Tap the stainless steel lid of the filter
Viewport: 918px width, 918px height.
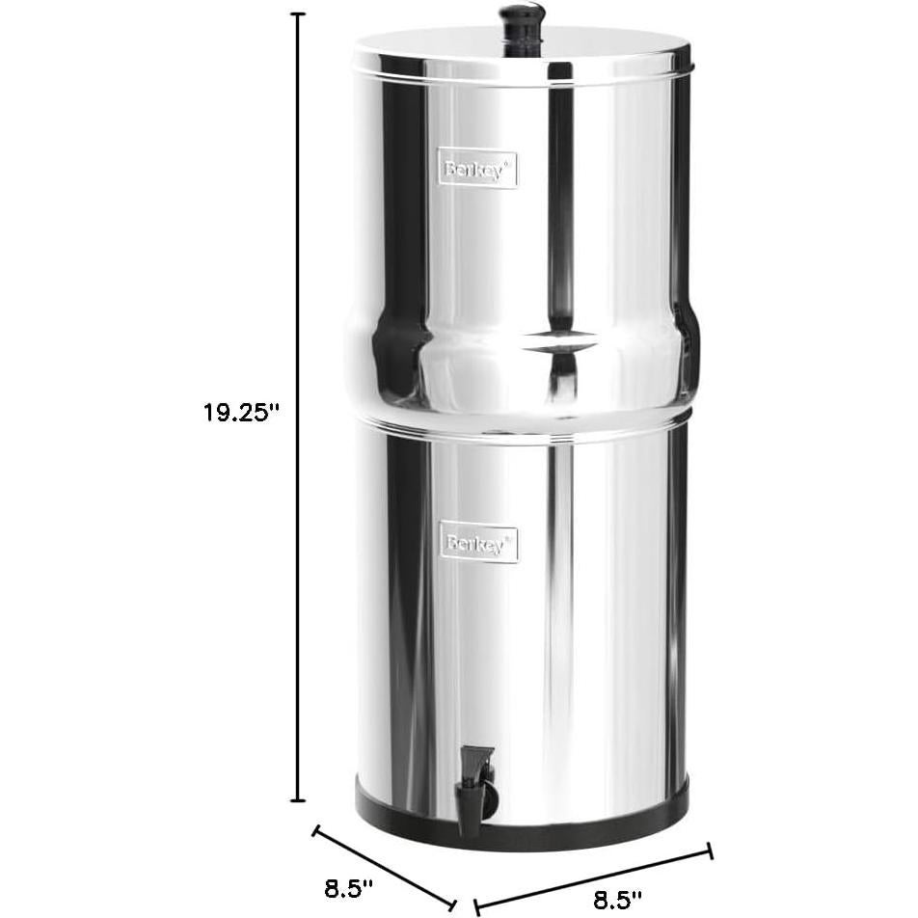522,53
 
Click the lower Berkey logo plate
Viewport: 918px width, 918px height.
480,543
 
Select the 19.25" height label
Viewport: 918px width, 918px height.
240,412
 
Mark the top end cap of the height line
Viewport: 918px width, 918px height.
298,15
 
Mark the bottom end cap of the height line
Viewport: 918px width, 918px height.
298,799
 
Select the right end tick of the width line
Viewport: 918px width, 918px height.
711,850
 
